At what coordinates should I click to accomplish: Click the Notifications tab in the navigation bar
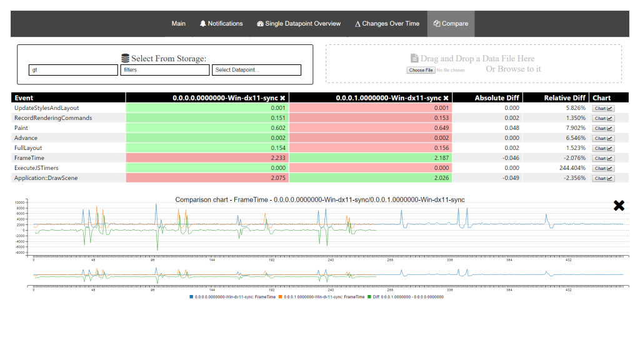(x=221, y=24)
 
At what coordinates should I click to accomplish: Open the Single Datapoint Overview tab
(x=299, y=24)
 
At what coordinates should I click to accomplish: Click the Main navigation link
(x=179, y=24)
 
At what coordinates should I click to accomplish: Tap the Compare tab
(x=451, y=24)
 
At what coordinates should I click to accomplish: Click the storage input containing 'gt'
(x=73, y=70)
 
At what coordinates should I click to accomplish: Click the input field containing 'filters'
(x=164, y=70)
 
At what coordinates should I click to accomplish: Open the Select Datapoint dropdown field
(x=256, y=70)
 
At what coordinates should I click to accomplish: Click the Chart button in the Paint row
(x=602, y=128)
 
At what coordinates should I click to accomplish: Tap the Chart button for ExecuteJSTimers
(x=602, y=168)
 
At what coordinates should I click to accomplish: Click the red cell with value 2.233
(x=207, y=158)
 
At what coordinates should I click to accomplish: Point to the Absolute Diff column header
(x=497, y=98)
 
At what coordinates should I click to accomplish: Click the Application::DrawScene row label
(x=46, y=178)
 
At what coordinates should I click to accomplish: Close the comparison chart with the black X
(x=619, y=206)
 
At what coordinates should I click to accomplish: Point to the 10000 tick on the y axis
(x=19, y=203)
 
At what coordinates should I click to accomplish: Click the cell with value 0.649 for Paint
(x=371, y=128)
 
